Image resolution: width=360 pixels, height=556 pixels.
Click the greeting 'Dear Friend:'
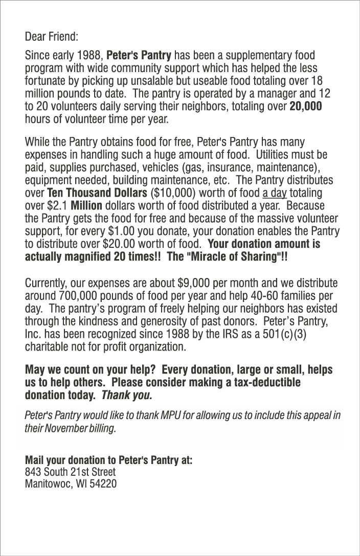coord(52,37)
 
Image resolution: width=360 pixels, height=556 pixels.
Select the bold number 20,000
coord(306,107)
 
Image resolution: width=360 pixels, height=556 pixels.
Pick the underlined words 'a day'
coord(274,194)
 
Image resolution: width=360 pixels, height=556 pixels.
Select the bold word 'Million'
coord(86,206)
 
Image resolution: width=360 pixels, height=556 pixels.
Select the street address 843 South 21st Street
coord(70,471)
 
